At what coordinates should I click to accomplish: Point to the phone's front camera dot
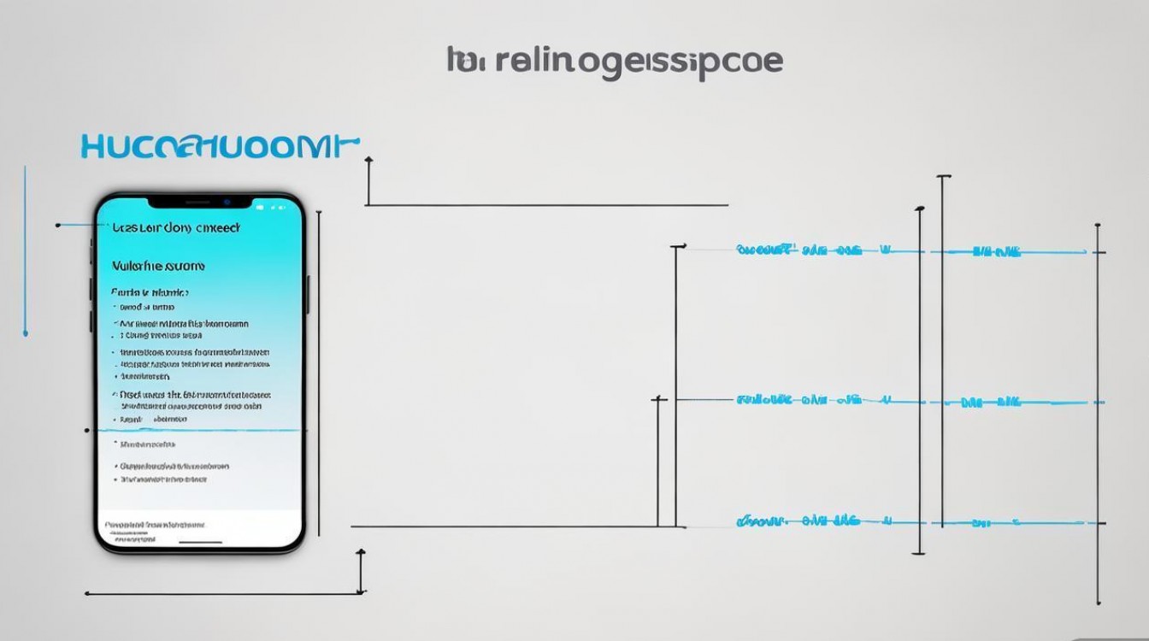[227, 202]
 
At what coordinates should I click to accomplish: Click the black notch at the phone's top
[198, 203]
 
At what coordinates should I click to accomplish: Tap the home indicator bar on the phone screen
[201, 541]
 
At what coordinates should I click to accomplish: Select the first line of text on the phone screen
[176, 228]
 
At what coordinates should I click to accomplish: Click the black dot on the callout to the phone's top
[57, 226]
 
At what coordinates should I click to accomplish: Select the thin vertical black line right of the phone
[319, 372]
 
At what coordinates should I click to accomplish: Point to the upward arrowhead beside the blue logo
[368, 161]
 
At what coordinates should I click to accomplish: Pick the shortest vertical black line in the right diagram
[657, 462]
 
